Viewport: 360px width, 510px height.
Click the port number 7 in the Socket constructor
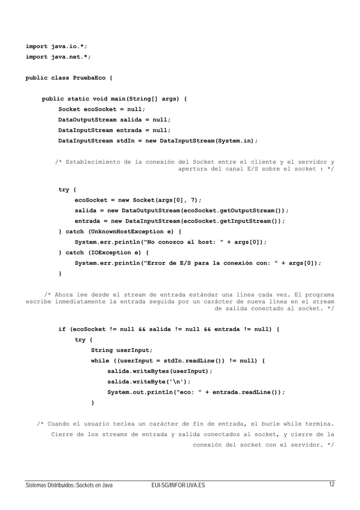coord(193,199)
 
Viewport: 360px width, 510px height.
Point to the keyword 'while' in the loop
coord(100,360)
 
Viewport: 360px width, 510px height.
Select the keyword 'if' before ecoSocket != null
coord(62,329)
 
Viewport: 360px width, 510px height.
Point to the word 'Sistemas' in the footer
coord(29,486)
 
